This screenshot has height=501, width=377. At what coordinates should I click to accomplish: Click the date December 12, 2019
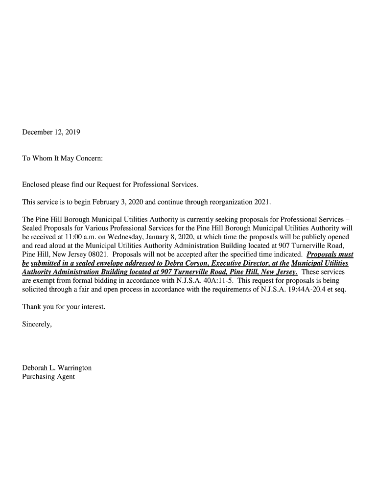[51, 132]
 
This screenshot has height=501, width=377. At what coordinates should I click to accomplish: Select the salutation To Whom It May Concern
[63, 159]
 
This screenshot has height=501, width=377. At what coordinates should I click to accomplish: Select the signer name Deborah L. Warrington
[57, 368]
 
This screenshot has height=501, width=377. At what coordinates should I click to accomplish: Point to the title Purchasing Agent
[48, 377]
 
